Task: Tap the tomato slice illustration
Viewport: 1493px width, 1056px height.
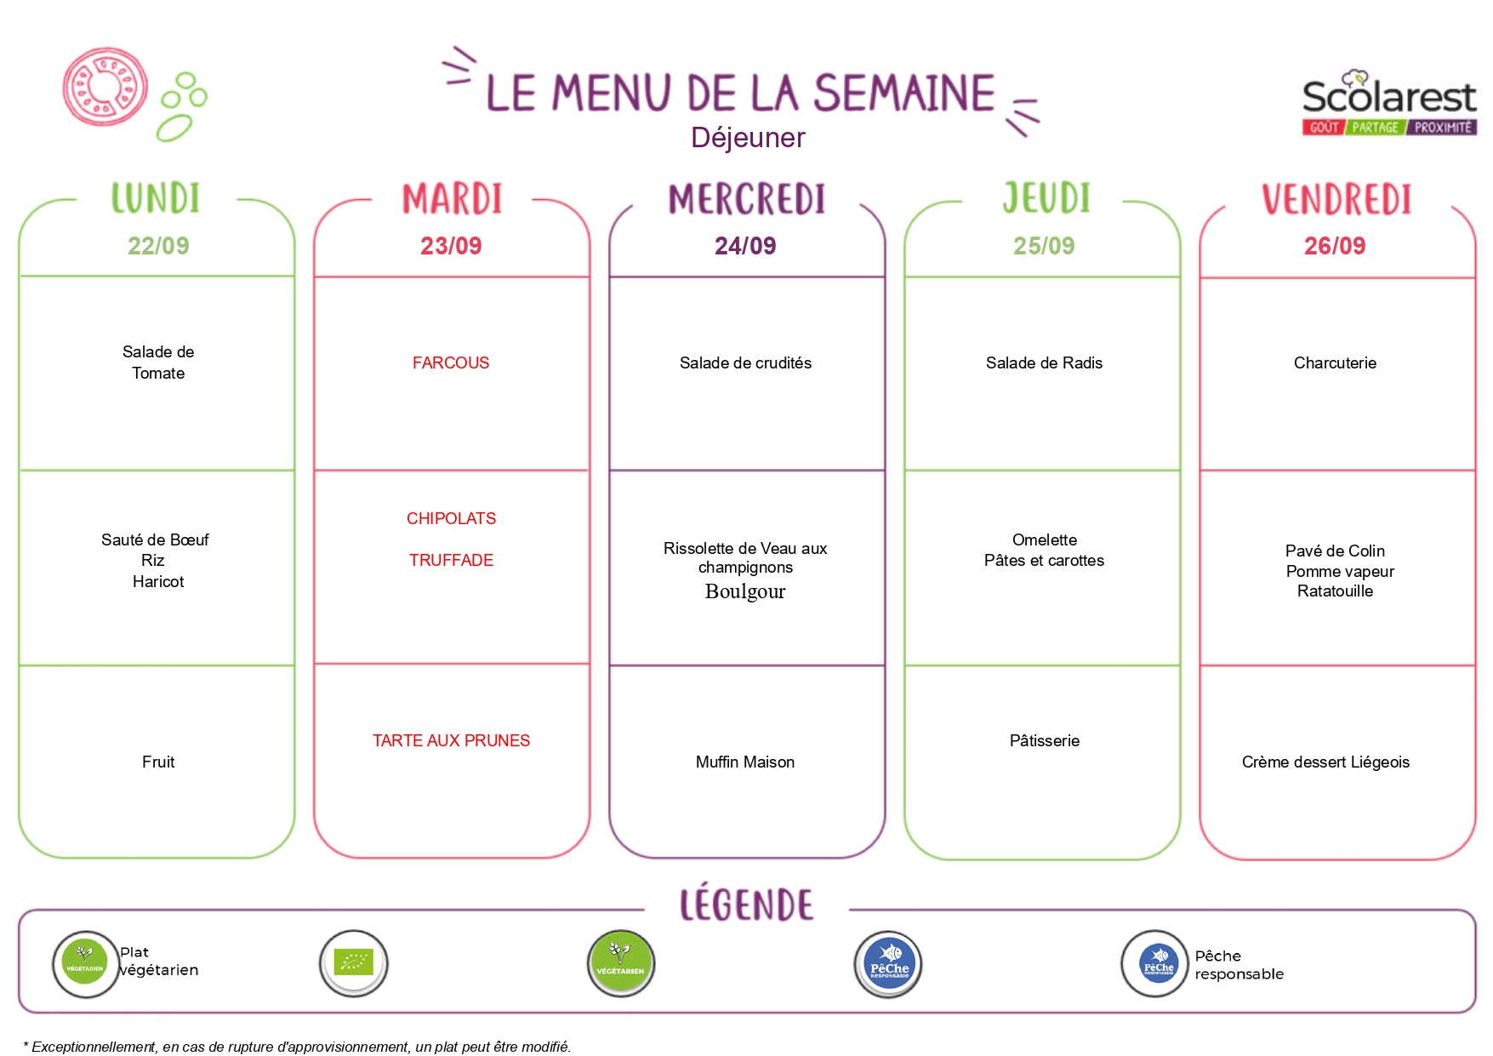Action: pyautogui.click(x=105, y=87)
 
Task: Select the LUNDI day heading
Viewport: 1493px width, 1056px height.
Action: pyautogui.click(x=156, y=198)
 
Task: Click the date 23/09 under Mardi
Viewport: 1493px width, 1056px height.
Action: pyautogui.click(x=451, y=246)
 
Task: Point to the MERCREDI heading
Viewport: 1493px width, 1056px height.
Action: pyautogui.click(x=747, y=199)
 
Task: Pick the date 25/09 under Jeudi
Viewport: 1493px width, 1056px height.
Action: pyautogui.click(x=1044, y=246)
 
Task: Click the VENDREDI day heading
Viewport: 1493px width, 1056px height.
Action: pyautogui.click(x=1336, y=199)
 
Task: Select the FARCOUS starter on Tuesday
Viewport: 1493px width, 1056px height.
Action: pyautogui.click(x=451, y=363)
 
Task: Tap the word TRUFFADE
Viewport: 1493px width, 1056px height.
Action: pyautogui.click(x=451, y=560)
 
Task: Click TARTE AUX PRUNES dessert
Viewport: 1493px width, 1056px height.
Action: pyautogui.click(x=451, y=740)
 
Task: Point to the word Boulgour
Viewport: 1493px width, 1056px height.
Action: pyautogui.click(x=745, y=591)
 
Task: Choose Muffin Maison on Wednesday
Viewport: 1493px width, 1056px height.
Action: pyautogui.click(x=745, y=762)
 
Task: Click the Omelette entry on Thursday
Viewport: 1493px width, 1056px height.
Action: pyautogui.click(x=1045, y=539)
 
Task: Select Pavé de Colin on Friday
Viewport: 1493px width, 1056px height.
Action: pyautogui.click(x=1335, y=551)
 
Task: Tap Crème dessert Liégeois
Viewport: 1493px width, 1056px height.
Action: pyautogui.click(x=1325, y=762)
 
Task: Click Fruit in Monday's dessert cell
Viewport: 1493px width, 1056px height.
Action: pyautogui.click(x=158, y=762)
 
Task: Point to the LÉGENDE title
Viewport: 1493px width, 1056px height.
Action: pyautogui.click(x=746, y=905)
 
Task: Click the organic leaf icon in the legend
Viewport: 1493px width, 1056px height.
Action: pyautogui.click(x=353, y=963)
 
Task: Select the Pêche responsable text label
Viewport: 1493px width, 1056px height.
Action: pyautogui.click(x=1239, y=965)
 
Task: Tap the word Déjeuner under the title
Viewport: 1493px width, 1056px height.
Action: pyautogui.click(x=748, y=138)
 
